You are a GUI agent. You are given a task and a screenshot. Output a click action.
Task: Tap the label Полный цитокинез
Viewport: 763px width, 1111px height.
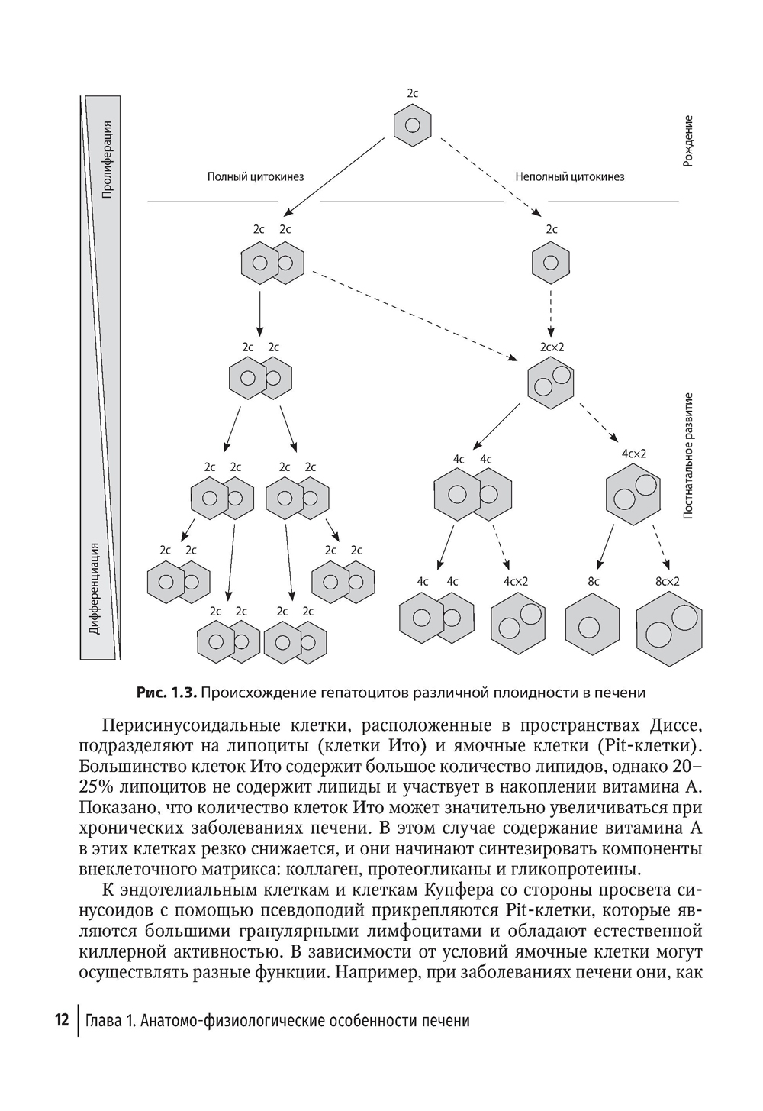coord(256,177)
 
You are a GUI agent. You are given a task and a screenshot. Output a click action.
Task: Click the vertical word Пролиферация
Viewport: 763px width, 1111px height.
coord(108,160)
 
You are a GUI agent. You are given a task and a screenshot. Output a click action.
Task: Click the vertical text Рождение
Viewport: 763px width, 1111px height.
coord(688,142)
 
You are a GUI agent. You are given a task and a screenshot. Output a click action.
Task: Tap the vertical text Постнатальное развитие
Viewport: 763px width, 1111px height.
coord(688,456)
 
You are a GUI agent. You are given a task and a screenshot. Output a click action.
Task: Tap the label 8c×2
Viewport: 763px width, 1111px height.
coord(667,581)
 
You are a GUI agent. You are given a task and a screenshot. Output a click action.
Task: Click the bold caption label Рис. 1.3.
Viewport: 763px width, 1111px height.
coord(166,693)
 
